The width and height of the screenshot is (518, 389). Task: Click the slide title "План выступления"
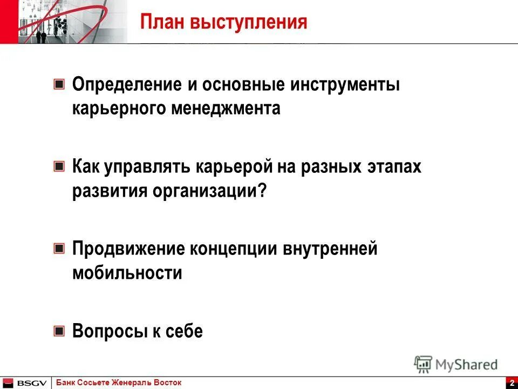(x=223, y=22)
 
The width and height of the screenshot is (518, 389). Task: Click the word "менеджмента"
(x=227, y=109)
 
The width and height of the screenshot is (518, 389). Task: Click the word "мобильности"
(x=127, y=273)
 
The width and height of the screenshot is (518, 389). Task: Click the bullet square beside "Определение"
(x=59, y=85)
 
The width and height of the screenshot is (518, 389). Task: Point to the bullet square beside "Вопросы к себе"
(x=59, y=331)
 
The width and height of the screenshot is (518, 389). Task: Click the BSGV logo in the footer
(x=25, y=383)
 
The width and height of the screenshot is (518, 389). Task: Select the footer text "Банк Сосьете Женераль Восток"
(x=119, y=383)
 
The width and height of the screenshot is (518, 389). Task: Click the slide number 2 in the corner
(x=511, y=383)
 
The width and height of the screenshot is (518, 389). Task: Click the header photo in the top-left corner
(x=64, y=22)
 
